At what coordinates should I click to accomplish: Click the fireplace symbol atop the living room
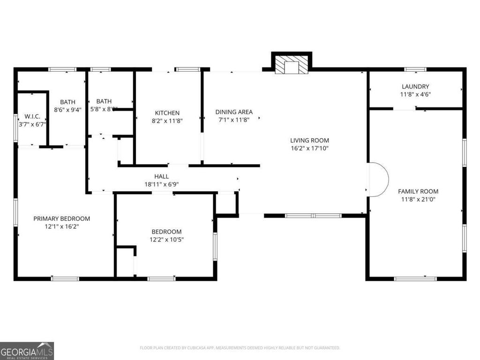(292, 65)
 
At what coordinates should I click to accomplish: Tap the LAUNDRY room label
(415, 87)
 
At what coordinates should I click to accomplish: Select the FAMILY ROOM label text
(418, 191)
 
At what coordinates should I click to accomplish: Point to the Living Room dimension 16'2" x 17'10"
(309, 148)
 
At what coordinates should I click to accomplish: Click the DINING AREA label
(234, 112)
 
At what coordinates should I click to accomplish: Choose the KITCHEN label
(167, 113)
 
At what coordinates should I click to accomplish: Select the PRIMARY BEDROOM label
(61, 218)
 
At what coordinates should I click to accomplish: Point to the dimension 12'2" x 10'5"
(166, 240)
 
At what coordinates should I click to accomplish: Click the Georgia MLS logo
(27, 351)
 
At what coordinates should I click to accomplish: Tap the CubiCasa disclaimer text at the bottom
(240, 348)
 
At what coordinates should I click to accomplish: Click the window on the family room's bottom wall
(415, 279)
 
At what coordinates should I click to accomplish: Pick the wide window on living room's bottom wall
(313, 216)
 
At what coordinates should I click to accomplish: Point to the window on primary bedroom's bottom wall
(65, 279)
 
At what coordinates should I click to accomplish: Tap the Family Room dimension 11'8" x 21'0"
(418, 199)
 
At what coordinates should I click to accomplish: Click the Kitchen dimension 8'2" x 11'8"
(167, 120)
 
